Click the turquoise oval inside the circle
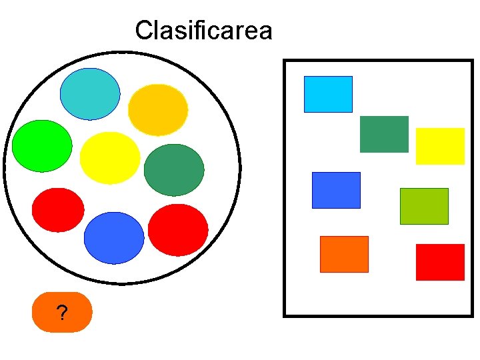pyautogui.click(x=90, y=94)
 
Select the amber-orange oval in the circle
pyautogui.click(x=158, y=109)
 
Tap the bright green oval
pyautogui.click(x=42, y=145)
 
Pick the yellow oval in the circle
pyautogui.click(x=110, y=158)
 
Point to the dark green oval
pyautogui.click(x=174, y=170)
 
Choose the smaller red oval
pyautogui.click(x=58, y=210)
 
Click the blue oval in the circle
pyautogui.click(x=114, y=237)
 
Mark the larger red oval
pyautogui.click(x=178, y=229)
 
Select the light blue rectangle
pyautogui.click(x=328, y=94)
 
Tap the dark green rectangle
pyautogui.click(x=384, y=134)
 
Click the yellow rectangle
pyautogui.click(x=440, y=146)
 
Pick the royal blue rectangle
pyautogui.click(x=336, y=190)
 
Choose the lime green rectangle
pyautogui.click(x=424, y=206)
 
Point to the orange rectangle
pyautogui.click(x=344, y=254)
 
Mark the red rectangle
pyautogui.click(x=440, y=262)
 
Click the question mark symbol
pyautogui.click(x=62, y=313)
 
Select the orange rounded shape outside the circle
pyautogui.click(x=47, y=313)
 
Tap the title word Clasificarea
pyautogui.click(x=203, y=31)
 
